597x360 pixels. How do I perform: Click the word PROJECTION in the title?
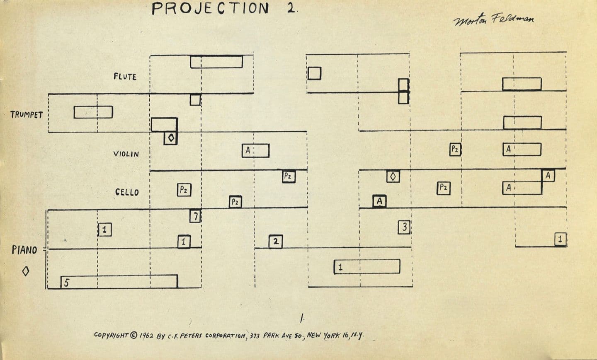tap(210, 9)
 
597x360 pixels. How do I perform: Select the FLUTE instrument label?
tap(125, 77)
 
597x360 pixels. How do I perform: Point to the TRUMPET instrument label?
tap(27, 115)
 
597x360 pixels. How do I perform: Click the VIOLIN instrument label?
tap(126, 154)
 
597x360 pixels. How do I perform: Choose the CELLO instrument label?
tap(127, 192)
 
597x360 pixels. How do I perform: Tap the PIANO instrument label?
tap(24, 250)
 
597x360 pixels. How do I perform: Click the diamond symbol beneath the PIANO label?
tap(26, 271)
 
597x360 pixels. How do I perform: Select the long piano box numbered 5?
tap(119, 281)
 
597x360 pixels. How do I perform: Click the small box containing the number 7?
tap(195, 216)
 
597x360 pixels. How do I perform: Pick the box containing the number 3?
tap(404, 227)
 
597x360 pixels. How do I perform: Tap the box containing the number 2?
tap(276, 242)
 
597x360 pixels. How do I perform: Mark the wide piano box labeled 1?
tap(367, 267)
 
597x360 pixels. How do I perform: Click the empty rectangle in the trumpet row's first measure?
tap(93, 112)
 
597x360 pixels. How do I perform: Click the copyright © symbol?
tap(133, 335)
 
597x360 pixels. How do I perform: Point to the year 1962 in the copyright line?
tap(146, 335)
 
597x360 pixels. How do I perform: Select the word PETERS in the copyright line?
tap(192, 336)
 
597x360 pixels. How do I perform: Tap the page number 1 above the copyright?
tap(302, 318)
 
